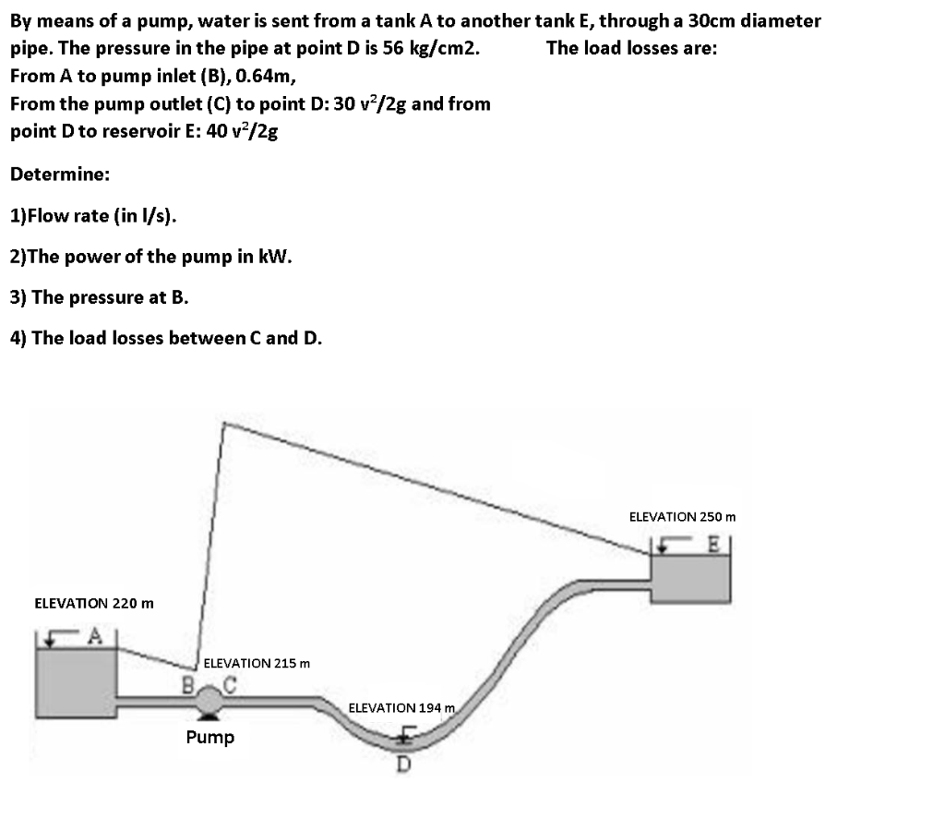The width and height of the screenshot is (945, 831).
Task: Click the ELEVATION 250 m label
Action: (x=682, y=517)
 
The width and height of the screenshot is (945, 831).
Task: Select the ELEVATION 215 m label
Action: (x=257, y=663)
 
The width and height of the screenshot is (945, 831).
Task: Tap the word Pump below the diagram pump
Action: (x=210, y=737)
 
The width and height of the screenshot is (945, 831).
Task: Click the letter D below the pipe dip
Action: (x=403, y=763)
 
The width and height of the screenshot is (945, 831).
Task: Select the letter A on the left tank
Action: (x=93, y=634)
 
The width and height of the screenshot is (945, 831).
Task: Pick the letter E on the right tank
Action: (x=712, y=543)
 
